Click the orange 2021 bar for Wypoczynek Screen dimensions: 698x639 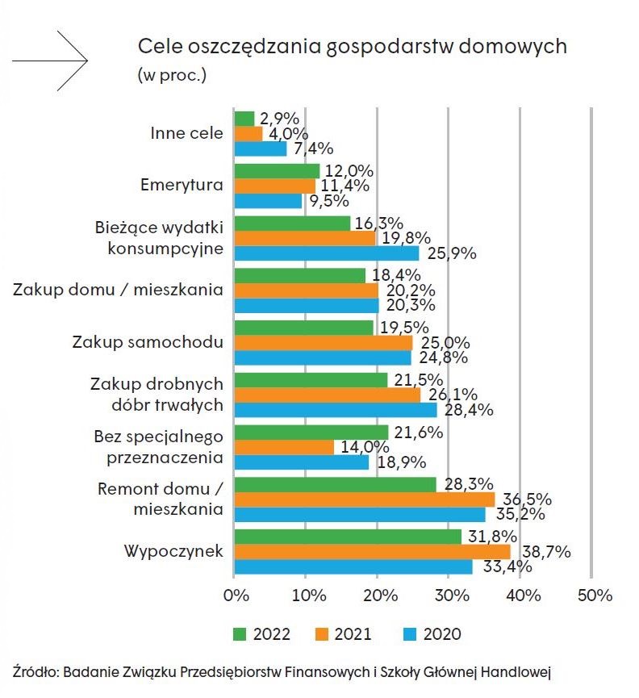[372, 551]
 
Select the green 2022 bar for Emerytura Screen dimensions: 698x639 [277, 170]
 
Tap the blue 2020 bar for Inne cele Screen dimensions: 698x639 [260, 148]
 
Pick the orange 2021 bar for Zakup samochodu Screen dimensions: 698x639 [323, 342]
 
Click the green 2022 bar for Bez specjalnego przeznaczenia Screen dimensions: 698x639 [311, 432]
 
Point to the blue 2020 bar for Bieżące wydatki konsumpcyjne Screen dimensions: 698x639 [326, 253]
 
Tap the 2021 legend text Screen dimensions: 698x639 [352, 633]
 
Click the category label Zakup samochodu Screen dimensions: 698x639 [157, 342]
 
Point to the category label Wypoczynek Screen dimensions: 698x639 [173, 551]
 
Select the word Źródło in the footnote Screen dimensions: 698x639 [34, 671]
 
